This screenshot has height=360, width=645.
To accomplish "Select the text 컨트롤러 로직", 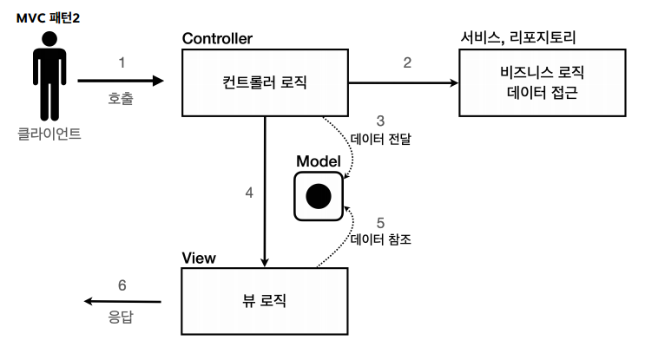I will [265, 83].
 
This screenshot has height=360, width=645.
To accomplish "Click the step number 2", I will [405, 63].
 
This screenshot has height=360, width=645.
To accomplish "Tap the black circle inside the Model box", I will [319, 196].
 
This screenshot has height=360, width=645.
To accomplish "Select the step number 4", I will [249, 193].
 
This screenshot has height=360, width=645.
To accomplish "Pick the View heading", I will [199, 259].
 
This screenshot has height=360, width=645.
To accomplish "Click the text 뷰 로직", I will [265, 301].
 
